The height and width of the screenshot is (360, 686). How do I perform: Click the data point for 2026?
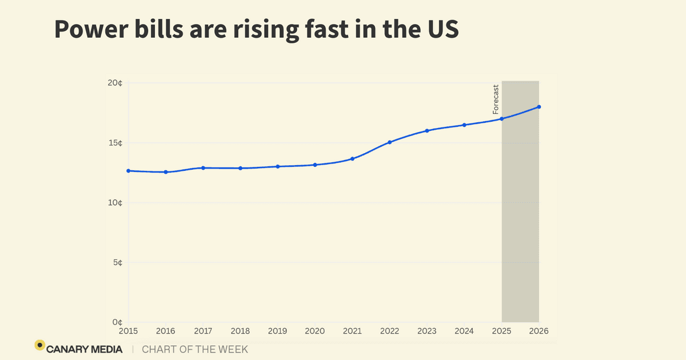(539, 107)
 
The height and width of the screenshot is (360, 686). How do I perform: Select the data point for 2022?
(389, 142)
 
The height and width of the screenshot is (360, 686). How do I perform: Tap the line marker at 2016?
(166, 172)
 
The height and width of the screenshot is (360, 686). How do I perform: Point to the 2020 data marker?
(315, 165)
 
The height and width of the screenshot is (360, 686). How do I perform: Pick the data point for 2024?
(464, 125)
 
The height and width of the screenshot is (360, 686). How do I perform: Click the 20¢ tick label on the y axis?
(115, 83)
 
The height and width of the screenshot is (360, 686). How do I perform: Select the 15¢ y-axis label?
(115, 143)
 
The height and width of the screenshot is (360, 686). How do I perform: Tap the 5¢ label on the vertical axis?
(117, 263)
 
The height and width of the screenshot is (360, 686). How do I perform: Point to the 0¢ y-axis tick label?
(117, 322)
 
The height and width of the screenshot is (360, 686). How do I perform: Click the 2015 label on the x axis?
(129, 331)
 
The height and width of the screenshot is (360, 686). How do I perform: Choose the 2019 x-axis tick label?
(278, 331)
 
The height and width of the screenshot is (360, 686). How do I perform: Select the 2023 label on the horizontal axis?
(427, 331)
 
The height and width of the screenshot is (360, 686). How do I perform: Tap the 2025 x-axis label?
(501, 331)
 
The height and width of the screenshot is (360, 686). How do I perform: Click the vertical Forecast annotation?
(496, 99)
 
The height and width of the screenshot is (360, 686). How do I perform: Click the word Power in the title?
(91, 30)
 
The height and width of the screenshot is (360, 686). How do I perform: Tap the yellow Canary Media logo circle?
(39, 345)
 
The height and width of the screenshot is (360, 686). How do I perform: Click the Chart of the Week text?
(195, 349)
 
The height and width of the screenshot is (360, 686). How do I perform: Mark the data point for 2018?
(240, 168)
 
